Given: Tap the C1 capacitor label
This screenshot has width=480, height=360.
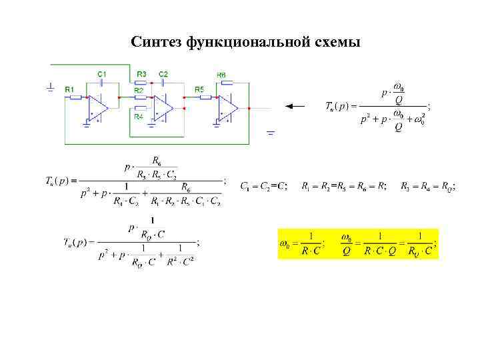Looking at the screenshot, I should [102, 73].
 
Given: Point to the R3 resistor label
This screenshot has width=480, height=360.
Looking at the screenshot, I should [141, 73].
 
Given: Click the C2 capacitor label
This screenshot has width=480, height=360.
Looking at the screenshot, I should [163, 73].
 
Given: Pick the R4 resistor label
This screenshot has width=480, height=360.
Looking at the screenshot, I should [139, 117].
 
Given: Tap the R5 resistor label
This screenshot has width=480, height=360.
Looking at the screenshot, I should [199, 89].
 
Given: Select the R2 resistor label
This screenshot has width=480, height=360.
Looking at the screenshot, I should [139, 89].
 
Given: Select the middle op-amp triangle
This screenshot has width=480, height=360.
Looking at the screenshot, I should [162, 107].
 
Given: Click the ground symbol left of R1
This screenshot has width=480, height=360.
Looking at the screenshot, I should [51, 87].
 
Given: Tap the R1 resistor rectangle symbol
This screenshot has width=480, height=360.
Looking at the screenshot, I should [75, 97].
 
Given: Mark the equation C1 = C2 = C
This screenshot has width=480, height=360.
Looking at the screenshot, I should [264, 186].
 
